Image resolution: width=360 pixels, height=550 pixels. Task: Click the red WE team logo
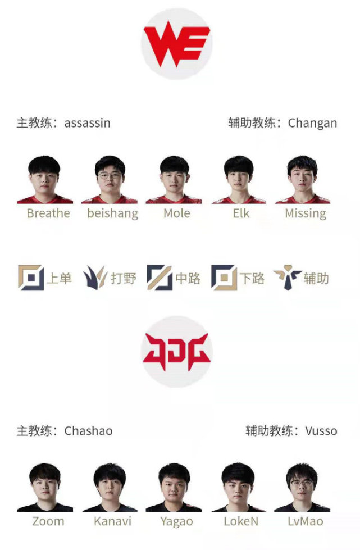[177, 44]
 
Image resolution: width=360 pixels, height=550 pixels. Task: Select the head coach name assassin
[87, 123]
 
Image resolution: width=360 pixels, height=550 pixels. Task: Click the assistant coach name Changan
[312, 123]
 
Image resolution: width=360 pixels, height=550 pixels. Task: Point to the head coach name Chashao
[88, 431]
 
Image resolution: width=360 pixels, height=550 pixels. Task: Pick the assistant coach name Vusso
[321, 431]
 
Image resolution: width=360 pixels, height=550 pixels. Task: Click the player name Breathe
[48, 213]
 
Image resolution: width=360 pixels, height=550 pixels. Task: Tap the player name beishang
[112, 213]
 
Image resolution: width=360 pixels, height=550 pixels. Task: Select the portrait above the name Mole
[174, 180]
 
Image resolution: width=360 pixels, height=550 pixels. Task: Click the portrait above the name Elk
[239, 180]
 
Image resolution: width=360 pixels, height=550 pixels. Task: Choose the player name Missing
[306, 213]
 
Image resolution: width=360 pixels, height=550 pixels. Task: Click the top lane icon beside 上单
[31, 278]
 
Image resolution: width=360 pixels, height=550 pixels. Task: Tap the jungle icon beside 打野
[95, 278]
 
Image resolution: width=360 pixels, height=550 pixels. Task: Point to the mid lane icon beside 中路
[160, 278]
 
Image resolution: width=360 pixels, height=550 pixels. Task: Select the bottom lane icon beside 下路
[224, 278]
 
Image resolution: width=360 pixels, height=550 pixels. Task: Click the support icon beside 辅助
[288, 278]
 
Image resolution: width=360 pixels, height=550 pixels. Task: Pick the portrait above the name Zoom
[45, 488]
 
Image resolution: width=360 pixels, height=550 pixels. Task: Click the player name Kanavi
[112, 521]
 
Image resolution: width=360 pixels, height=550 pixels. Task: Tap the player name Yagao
[176, 521]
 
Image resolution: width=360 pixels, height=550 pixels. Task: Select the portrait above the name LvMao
[302, 488]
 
